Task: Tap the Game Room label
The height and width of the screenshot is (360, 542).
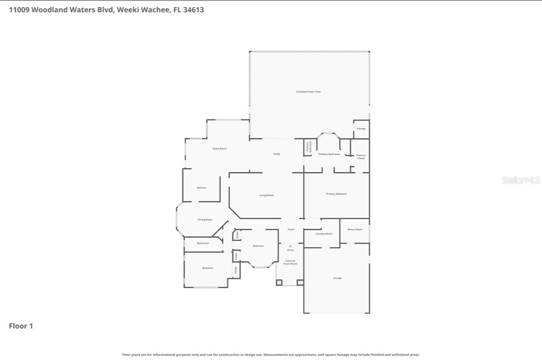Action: point(220,149)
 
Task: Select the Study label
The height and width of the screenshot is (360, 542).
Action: point(276,154)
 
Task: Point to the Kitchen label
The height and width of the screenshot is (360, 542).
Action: point(201,188)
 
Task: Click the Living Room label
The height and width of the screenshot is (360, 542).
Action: point(266,195)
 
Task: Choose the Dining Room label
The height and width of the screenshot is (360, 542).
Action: point(205,220)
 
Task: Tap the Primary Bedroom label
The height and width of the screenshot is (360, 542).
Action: point(336,194)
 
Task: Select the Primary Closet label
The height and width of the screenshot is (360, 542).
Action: point(361,157)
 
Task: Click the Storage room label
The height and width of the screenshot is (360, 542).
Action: point(361,129)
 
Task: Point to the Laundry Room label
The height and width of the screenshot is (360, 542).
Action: point(324,234)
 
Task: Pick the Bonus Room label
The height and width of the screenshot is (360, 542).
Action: point(355,230)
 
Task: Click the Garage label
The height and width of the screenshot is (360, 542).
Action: point(337,278)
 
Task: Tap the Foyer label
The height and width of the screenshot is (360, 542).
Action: point(291,230)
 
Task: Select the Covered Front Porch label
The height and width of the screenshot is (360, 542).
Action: point(290,263)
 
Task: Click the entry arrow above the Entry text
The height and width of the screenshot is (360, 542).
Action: point(290,246)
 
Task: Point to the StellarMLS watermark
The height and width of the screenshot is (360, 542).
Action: point(521,180)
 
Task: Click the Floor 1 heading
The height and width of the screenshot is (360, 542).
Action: point(21,326)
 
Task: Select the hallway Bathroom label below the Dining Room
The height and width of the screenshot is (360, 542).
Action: point(203,244)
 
